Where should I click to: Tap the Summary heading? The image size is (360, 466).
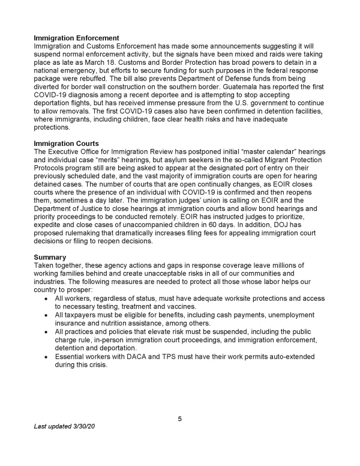click(x=51, y=257)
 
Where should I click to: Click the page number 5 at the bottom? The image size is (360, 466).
click(x=180, y=419)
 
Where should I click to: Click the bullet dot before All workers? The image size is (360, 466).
click(x=47, y=298)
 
